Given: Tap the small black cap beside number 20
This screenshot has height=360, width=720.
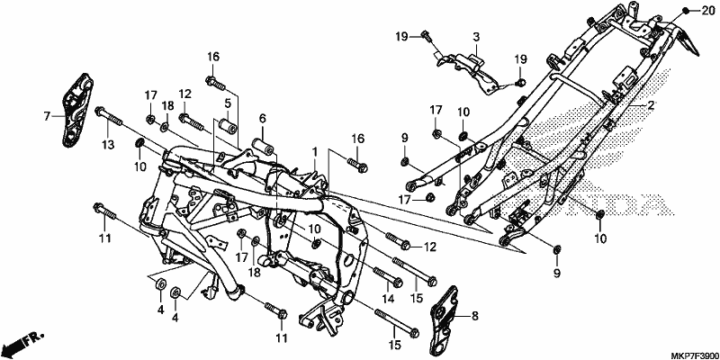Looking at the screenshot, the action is point(686,11).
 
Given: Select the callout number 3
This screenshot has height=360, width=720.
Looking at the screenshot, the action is point(476,37).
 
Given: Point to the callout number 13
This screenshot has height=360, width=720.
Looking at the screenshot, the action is point(107,145).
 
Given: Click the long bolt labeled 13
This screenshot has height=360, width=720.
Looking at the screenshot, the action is point(109,117).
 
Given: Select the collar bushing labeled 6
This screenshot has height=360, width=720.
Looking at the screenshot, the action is point(264,144).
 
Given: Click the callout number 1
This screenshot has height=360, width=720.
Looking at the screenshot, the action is point(316,151).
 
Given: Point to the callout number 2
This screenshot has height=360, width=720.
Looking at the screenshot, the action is point(650,105).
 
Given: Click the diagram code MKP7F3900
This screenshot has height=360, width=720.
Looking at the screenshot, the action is point(695,355).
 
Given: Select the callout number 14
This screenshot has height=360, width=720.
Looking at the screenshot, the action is point(388,299).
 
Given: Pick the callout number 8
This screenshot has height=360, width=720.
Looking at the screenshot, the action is point(475,316).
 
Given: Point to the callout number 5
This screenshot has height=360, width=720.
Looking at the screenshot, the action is point(228,103).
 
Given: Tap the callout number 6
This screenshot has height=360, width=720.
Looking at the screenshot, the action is point(262,118).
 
